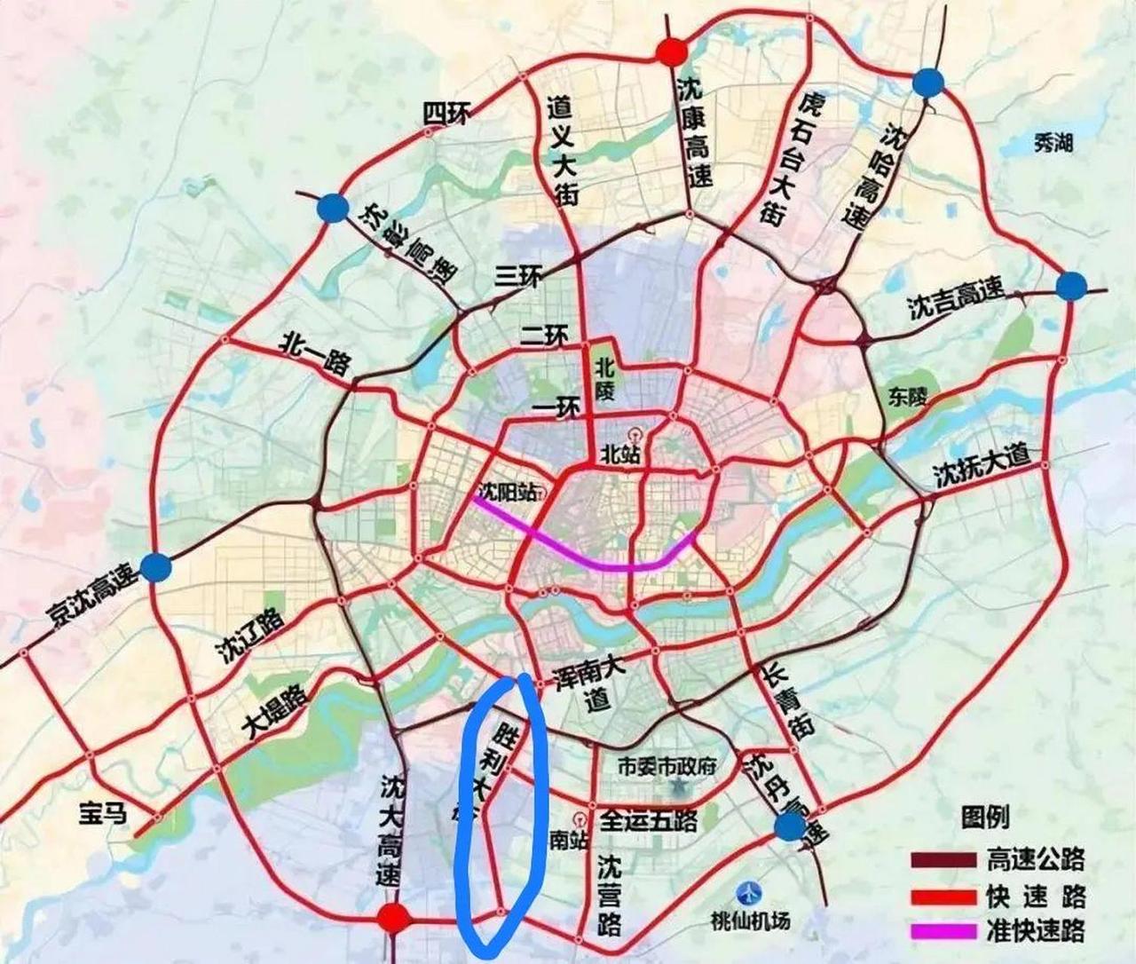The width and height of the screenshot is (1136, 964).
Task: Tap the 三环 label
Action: point(518,278)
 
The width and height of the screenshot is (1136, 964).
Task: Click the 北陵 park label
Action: point(604,378)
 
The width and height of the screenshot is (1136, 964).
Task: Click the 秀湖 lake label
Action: point(1053,142)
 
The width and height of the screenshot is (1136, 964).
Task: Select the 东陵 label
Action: point(906,397)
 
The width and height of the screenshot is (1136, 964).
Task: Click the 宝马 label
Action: point(103,812)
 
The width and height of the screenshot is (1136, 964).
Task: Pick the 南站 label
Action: point(564,839)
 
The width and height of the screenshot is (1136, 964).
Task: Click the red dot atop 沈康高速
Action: point(672,51)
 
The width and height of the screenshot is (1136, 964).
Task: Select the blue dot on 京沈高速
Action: point(157,566)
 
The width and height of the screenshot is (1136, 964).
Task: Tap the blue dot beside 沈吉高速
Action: point(1071,286)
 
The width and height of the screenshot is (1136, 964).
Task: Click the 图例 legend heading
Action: point(984,816)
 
